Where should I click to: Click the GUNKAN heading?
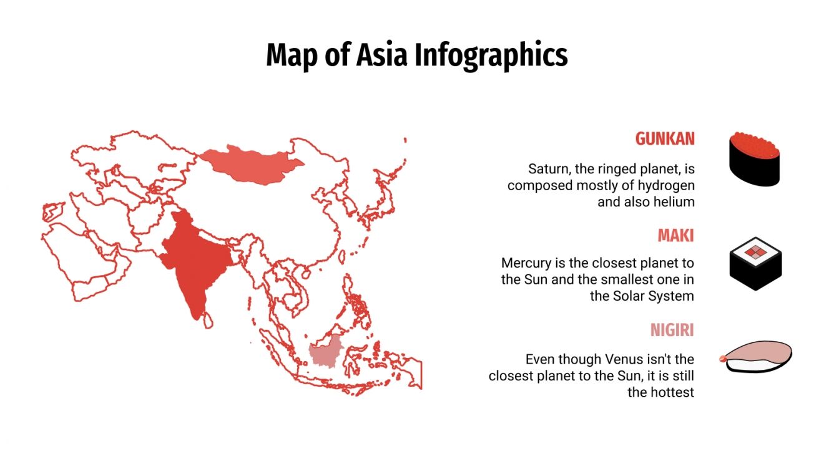point(665,138)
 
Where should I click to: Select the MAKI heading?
point(675,236)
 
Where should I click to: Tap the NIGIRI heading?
point(672,330)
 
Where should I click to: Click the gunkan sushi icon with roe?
point(755,158)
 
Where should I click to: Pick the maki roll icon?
point(755,263)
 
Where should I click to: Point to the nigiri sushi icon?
point(758,357)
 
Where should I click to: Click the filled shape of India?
point(194,262)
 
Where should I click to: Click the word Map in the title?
point(289,55)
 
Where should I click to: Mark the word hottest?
point(670,392)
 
